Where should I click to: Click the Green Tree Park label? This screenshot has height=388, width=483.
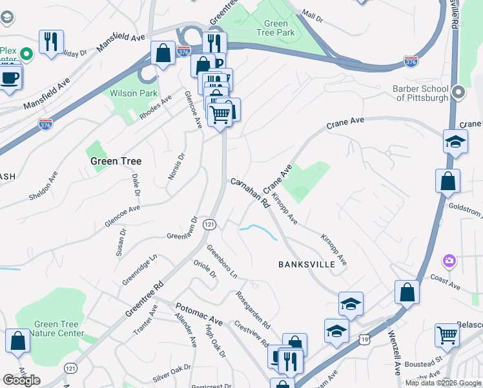click(276, 28)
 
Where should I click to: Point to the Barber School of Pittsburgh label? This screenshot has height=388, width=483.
click(420, 93)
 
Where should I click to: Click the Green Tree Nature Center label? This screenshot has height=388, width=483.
click(59, 329)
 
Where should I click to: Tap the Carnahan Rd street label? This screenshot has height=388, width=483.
click(250, 192)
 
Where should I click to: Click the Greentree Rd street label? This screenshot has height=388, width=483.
click(145, 298)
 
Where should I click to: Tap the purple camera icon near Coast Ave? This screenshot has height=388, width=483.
click(449, 261)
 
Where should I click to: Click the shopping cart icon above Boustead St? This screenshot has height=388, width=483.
click(447, 334)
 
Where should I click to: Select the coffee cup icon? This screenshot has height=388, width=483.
click(9, 78)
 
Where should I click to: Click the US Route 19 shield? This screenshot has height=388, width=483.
click(365, 338)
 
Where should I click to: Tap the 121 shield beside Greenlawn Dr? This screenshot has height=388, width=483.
click(209, 224)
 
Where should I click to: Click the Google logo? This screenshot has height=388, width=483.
click(21, 380)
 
